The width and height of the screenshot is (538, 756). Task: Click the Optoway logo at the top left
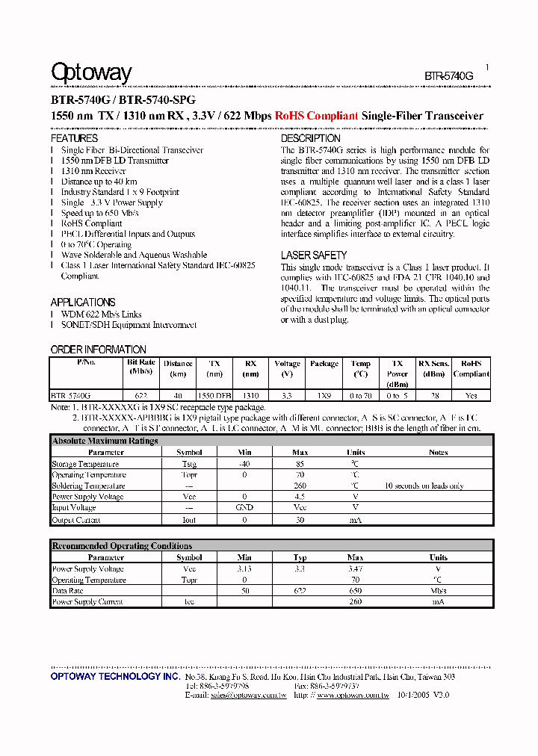point(90,72)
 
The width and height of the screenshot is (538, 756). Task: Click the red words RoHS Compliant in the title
point(316,116)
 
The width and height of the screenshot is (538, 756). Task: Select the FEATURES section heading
point(74,138)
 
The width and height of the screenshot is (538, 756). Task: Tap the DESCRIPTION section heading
point(310,138)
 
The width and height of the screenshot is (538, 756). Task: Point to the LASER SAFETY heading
point(313,255)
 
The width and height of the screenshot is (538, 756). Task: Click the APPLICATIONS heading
point(83,302)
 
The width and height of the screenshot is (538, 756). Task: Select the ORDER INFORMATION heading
point(98,350)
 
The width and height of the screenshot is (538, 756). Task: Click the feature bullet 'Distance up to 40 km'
point(99,182)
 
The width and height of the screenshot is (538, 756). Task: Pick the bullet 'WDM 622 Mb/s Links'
point(101,315)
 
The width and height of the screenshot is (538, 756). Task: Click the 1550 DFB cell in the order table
point(214,395)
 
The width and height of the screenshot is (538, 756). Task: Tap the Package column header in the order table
point(324,364)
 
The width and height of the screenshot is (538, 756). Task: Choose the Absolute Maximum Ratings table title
point(105,441)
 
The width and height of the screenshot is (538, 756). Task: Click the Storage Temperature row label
point(85,464)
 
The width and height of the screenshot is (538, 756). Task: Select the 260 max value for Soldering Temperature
point(300,486)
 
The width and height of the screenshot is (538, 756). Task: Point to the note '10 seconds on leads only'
point(424,486)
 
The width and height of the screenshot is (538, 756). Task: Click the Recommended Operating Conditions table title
point(121,546)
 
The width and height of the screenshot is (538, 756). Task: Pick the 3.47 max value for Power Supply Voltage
point(355,568)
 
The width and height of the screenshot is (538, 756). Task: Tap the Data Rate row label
point(67,590)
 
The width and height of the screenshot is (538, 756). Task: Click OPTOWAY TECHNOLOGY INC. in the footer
point(115,676)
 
